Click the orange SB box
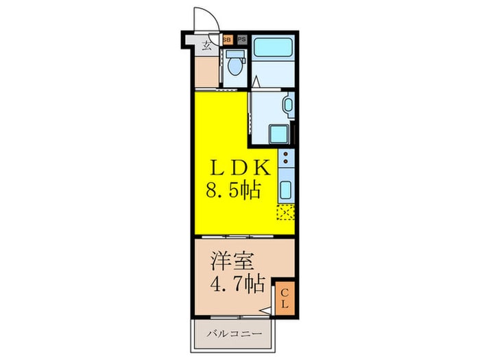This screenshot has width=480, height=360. point(227,40)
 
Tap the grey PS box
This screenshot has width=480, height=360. point(241,40)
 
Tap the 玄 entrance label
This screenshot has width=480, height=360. point(206,47)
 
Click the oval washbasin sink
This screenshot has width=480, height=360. point(288,106)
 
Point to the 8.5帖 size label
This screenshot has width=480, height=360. point(234,190)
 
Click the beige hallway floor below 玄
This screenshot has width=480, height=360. point(206,72)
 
